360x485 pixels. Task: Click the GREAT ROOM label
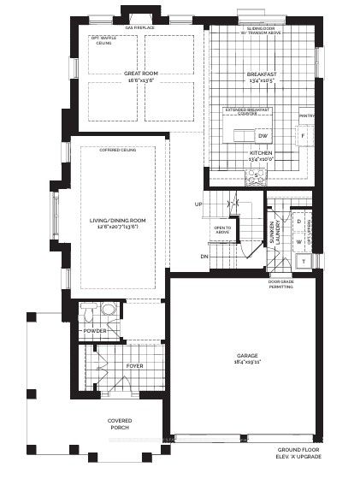[140, 74]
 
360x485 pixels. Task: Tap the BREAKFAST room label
[262, 74]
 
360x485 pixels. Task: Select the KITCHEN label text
[260, 154]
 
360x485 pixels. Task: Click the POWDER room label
[95, 331]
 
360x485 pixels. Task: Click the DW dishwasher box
[263, 136]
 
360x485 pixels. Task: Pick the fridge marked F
[300, 136]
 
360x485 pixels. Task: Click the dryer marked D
[299, 222]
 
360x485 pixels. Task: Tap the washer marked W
[299, 242]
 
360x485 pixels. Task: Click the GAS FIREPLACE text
[140, 27]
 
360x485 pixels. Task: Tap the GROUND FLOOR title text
[294, 450]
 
